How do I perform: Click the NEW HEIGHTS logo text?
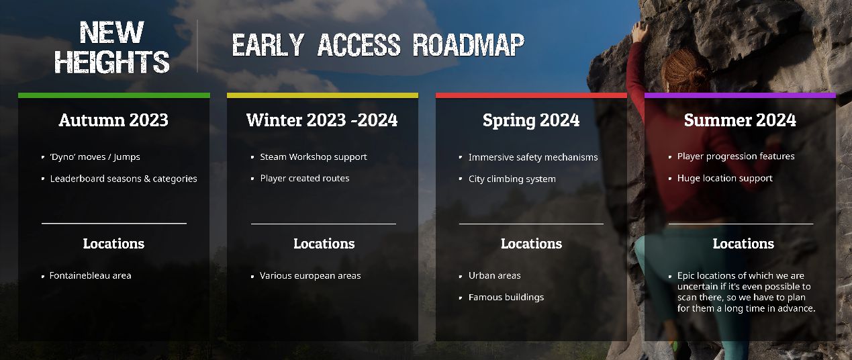tap(112, 47)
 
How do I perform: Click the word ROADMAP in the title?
tap(469, 45)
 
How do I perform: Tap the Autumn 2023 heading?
tap(113, 120)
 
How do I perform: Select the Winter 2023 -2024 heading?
tap(322, 120)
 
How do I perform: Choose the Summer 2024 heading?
tap(740, 120)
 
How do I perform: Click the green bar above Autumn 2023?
tap(114, 95)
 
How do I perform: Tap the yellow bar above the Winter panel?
tap(322, 95)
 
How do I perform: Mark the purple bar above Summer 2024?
tap(740, 95)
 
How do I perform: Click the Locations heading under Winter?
tap(324, 244)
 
